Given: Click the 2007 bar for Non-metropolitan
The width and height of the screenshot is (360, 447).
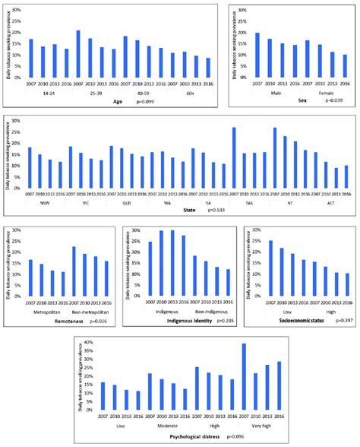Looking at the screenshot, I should click(x=74, y=271).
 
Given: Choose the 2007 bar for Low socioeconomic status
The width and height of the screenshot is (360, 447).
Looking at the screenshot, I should click(x=270, y=268).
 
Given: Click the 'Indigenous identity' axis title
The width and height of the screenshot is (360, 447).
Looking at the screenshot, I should click(x=170, y=320).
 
